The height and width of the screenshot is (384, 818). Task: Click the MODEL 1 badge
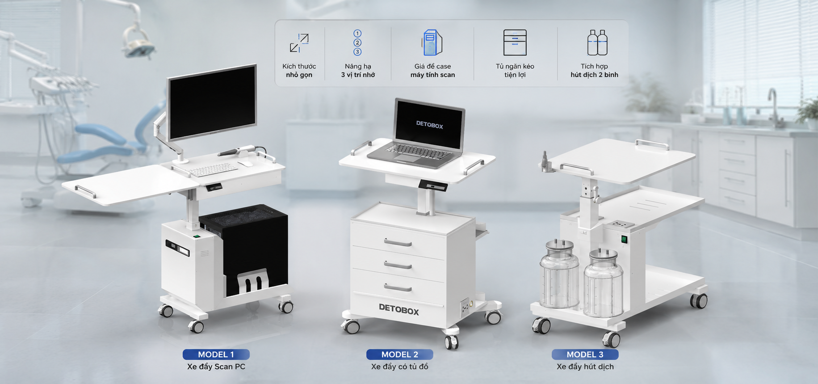tap(216, 354)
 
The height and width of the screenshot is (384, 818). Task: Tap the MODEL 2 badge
tap(399, 354)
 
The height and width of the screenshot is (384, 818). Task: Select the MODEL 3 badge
tap(585, 354)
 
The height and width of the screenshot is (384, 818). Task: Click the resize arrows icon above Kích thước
tap(299, 43)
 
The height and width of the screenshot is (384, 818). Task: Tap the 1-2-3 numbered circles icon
tap(357, 42)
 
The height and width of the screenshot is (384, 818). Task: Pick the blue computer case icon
tap(432, 43)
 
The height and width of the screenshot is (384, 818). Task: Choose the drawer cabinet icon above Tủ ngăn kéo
tap(515, 42)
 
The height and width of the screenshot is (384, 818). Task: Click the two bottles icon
tap(597, 42)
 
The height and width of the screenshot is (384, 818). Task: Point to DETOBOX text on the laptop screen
tap(430, 125)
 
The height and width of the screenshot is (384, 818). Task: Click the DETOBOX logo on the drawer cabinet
tap(399, 309)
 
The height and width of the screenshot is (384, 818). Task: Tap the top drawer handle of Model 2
tap(398, 243)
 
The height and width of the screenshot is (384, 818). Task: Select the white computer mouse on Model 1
tap(245, 164)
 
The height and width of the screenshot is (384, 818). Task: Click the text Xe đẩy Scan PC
tap(216, 367)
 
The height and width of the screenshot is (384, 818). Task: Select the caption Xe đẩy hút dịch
tap(585, 367)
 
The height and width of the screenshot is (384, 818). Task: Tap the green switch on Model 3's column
tap(624, 240)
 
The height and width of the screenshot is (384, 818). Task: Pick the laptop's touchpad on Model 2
tap(407, 158)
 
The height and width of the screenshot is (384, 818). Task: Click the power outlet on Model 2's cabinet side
tap(465, 307)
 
